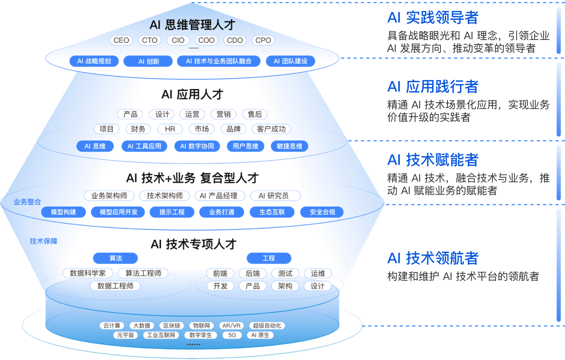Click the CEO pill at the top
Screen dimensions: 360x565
click(121, 40)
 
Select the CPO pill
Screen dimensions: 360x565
click(263, 40)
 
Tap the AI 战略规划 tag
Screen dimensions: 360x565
click(94, 61)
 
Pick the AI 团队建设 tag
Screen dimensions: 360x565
click(290, 61)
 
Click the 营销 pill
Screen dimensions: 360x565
click(224, 114)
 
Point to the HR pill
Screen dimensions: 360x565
click(170, 129)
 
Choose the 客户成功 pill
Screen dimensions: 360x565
click(271, 129)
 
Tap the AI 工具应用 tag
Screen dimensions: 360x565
click(144, 146)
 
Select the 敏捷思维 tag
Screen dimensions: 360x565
click(289, 146)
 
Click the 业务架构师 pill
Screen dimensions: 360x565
click(109, 196)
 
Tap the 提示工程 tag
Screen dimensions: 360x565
click(172, 212)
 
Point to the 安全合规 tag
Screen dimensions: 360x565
click(322, 212)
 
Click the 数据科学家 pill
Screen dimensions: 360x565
click(88, 273)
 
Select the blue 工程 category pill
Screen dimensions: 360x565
click(268, 258)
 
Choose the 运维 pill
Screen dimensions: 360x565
click(318, 273)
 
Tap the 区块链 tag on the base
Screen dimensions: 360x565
click(171, 326)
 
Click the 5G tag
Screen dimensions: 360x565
click(232, 335)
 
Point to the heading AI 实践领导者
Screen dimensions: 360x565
click(433, 18)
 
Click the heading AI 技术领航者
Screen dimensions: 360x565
click(433, 258)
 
